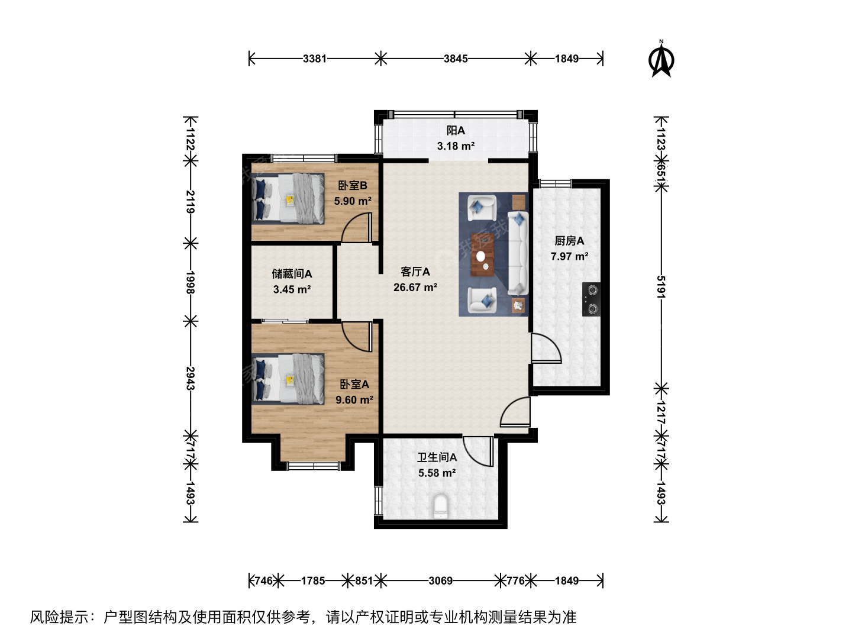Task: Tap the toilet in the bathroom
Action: click(x=441, y=506)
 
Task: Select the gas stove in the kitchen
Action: click(x=592, y=299)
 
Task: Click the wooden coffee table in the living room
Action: click(x=482, y=254)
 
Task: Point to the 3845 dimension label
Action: click(x=456, y=59)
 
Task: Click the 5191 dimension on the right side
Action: click(x=661, y=287)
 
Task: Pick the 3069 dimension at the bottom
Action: click(x=441, y=580)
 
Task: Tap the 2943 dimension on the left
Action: click(x=190, y=378)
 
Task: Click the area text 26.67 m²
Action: click(x=415, y=288)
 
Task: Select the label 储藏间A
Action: click(x=292, y=274)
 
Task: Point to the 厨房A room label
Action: click(x=569, y=241)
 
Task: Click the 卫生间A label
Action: click(x=437, y=457)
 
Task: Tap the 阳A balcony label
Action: click(x=456, y=130)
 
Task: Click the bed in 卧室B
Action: click(x=288, y=198)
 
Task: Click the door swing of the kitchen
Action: click(x=546, y=348)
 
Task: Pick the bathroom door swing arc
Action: click(x=478, y=451)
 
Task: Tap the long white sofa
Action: click(x=518, y=253)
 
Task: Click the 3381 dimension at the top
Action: click(x=315, y=59)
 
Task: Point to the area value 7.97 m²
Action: click(x=569, y=256)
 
